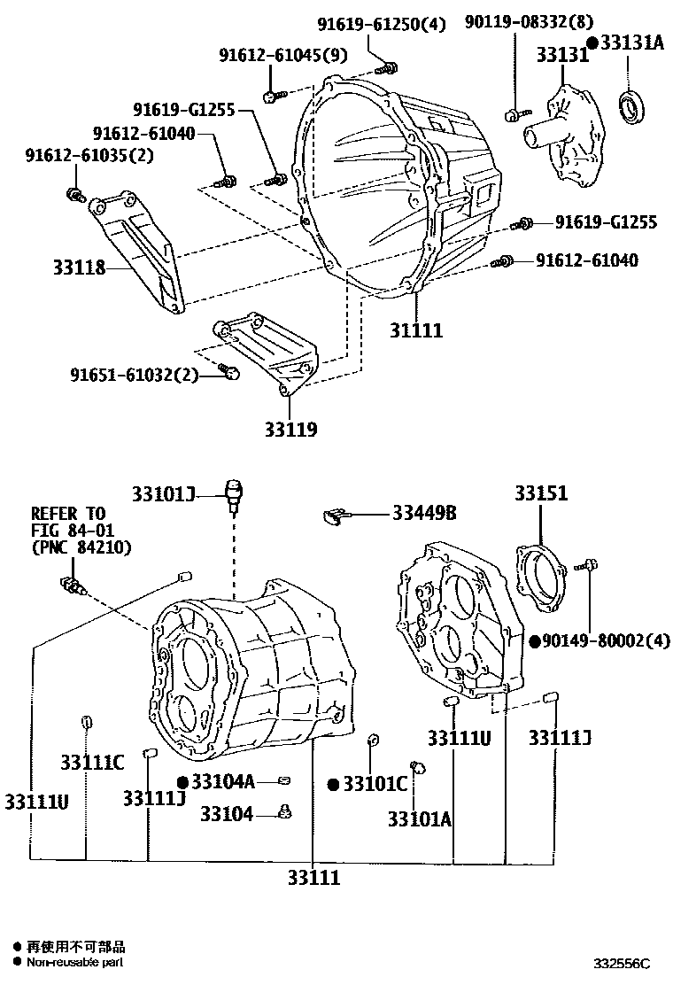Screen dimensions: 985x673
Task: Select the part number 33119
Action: [x=290, y=430]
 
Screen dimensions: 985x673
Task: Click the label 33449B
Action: [x=425, y=513]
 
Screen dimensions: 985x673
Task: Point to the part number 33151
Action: [x=541, y=493]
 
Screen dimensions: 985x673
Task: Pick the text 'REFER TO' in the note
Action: [x=68, y=513]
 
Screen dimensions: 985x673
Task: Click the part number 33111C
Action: [x=92, y=762]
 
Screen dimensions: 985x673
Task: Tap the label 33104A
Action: [x=222, y=780]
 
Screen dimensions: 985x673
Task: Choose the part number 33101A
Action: [x=419, y=819]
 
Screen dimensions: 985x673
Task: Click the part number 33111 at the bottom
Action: [x=313, y=878]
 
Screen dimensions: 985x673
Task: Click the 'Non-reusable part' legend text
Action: [x=74, y=962]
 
